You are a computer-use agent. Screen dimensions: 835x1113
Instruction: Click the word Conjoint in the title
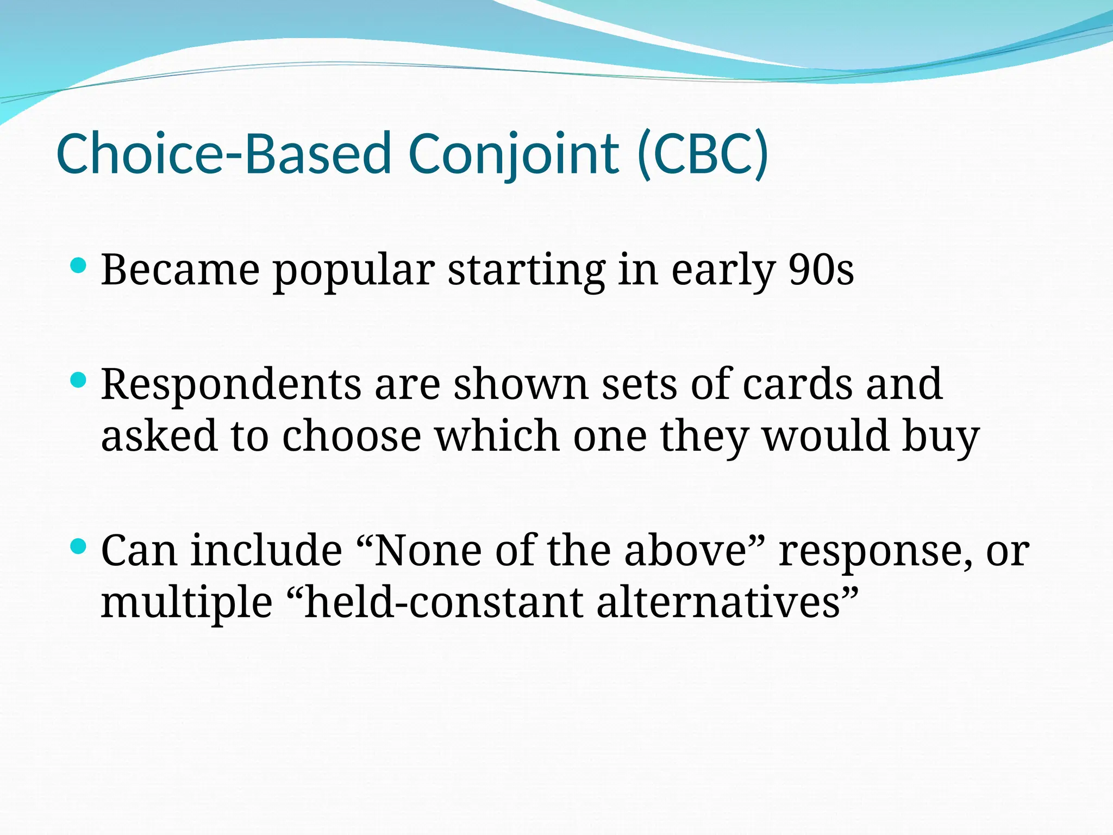pos(513,154)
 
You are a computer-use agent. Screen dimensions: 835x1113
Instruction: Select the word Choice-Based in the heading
pos(223,154)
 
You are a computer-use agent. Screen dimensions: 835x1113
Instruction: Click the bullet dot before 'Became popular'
pos(79,266)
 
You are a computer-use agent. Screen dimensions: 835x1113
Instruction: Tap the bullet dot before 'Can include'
pos(79,546)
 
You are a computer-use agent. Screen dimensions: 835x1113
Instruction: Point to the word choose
pos(351,437)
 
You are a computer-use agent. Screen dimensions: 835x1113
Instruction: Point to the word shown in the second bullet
pos(521,384)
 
